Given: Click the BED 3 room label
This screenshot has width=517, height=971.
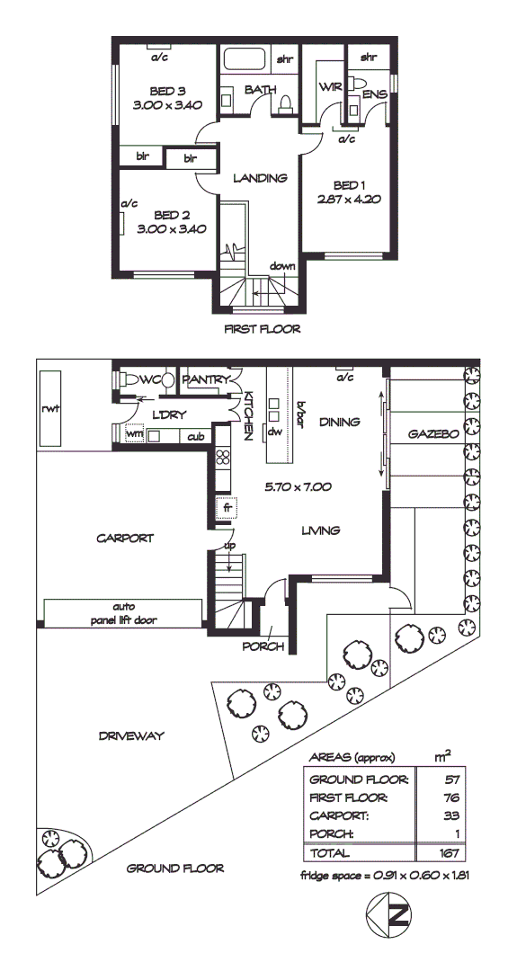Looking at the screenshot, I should (x=167, y=91).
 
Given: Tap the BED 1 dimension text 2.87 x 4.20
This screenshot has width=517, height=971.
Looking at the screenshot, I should (x=343, y=200).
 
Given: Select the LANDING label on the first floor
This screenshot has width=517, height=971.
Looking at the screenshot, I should (x=259, y=178).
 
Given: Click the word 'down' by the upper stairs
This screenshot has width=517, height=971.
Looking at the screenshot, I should (x=282, y=266).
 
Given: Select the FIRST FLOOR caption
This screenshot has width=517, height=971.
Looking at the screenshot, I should (x=262, y=329).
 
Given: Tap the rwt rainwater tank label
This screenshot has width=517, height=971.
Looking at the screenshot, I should (x=49, y=409).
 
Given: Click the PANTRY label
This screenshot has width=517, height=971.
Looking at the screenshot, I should (x=208, y=380).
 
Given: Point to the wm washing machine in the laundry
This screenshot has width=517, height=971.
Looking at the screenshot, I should (x=135, y=435).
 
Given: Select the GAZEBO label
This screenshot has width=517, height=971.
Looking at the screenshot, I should (x=433, y=433).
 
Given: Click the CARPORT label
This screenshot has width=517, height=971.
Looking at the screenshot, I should (x=125, y=539).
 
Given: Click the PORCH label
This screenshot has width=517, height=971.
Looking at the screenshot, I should (x=263, y=646).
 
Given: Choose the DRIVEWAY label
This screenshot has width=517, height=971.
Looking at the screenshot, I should (x=131, y=736).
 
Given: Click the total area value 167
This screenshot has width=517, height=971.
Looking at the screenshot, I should (x=439, y=851).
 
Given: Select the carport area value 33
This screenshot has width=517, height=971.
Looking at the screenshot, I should (x=439, y=816).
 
